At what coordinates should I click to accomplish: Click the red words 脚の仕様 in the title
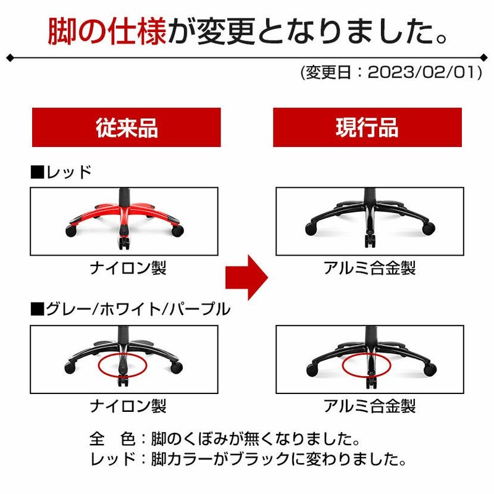pyautogui.click(x=107, y=31)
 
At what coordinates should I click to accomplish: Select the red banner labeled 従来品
pyautogui.click(x=127, y=127)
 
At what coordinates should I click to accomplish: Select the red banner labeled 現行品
pyautogui.click(x=367, y=127)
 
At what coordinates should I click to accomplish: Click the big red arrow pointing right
pyautogui.click(x=246, y=277)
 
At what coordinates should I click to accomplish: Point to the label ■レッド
pyautogui.click(x=61, y=172)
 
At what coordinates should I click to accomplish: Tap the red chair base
pyautogui.click(x=124, y=219)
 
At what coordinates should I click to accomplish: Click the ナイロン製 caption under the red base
pyautogui.click(x=128, y=268)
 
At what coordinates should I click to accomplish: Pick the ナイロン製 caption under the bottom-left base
pyautogui.click(x=128, y=406)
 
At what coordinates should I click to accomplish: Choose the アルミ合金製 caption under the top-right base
pyautogui.click(x=369, y=268)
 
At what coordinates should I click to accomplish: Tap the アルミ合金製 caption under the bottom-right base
pyautogui.click(x=369, y=406)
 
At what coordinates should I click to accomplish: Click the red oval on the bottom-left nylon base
pyautogui.click(x=99, y=366)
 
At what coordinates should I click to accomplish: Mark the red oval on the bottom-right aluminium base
pyautogui.click(x=343, y=366)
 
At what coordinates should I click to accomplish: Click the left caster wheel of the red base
pyautogui.click(x=71, y=231)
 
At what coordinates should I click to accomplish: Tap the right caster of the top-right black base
pyautogui.click(x=429, y=228)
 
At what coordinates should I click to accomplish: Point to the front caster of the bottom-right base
pyautogui.click(x=371, y=382)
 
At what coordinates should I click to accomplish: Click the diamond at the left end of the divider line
pyautogui.click(x=10, y=58)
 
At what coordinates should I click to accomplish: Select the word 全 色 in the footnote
pyautogui.click(x=112, y=438)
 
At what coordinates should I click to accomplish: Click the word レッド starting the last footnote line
pyautogui.click(x=112, y=459)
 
